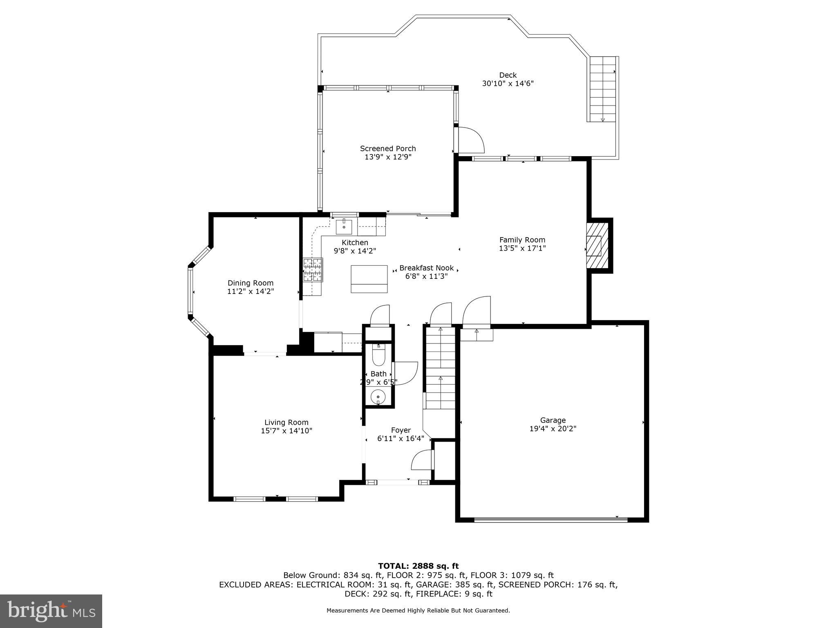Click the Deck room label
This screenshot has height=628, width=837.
coord(508,75)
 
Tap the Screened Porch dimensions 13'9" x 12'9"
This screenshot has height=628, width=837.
coord(388,157)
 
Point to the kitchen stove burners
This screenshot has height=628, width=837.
coord(313,270)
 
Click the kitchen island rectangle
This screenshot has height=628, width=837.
coord(369,279)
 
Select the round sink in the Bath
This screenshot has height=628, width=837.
coord(378,397)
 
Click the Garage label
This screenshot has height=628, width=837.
coord(553,420)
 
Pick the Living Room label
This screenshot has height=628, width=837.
coord(286,423)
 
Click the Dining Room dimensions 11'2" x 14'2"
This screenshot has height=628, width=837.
coord(251,292)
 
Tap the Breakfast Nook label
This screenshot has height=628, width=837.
coord(426,268)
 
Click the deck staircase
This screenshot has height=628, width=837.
coord(603,89)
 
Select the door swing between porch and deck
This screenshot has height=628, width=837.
coord(471,140)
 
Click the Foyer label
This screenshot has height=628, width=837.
coord(401,430)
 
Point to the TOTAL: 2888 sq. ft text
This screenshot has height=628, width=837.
coord(418,566)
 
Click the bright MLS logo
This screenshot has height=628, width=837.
coord(51,611)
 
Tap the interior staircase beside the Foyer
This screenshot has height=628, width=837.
coord(440,368)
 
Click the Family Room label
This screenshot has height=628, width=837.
coord(522,240)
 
